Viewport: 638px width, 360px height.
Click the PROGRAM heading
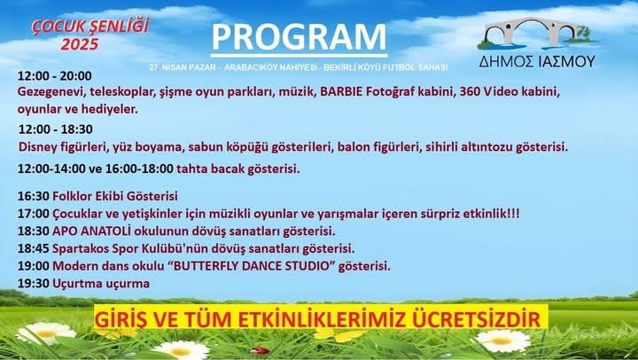(x=299, y=37)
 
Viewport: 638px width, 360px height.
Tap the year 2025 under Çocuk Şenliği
(x=80, y=44)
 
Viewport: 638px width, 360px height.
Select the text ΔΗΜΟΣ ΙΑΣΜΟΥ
(x=537, y=61)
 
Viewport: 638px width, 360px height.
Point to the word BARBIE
(x=341, y=92)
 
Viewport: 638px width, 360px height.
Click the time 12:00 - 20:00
(x=55, y=76)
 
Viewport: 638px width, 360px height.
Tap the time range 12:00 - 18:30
(x=56, y=129)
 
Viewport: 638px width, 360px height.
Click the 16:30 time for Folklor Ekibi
(x=34, y=196)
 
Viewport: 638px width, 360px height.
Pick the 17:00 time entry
(x=34, y=214)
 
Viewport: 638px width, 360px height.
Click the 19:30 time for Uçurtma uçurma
(x=34, y=284)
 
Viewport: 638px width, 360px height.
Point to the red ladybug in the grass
(x=261, y=350)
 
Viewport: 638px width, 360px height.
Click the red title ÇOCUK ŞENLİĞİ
(x=90, y=27)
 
